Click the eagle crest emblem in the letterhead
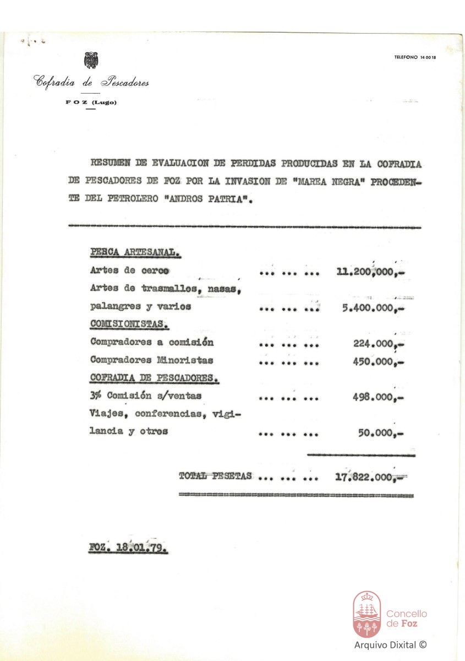point(90,60)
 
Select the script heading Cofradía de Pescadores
point(91,83)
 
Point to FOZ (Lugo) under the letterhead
point(91,103)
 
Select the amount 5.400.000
point(368,307)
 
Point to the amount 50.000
point(376,432)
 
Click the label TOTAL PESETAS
point(215,475)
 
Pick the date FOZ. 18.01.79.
point(129,549)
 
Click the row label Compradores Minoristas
point(151,361)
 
